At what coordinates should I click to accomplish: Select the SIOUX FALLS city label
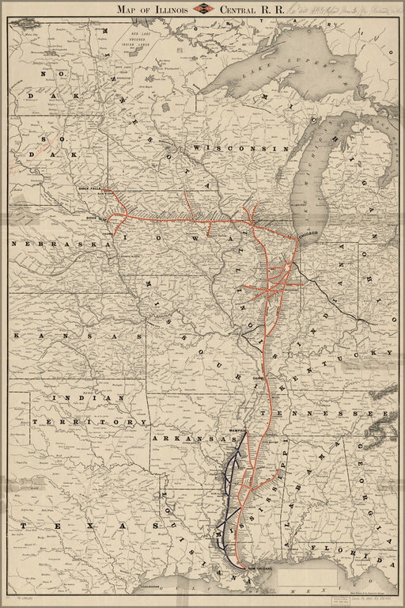pos(92,189)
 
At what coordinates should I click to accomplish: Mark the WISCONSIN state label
pos(237,149)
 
